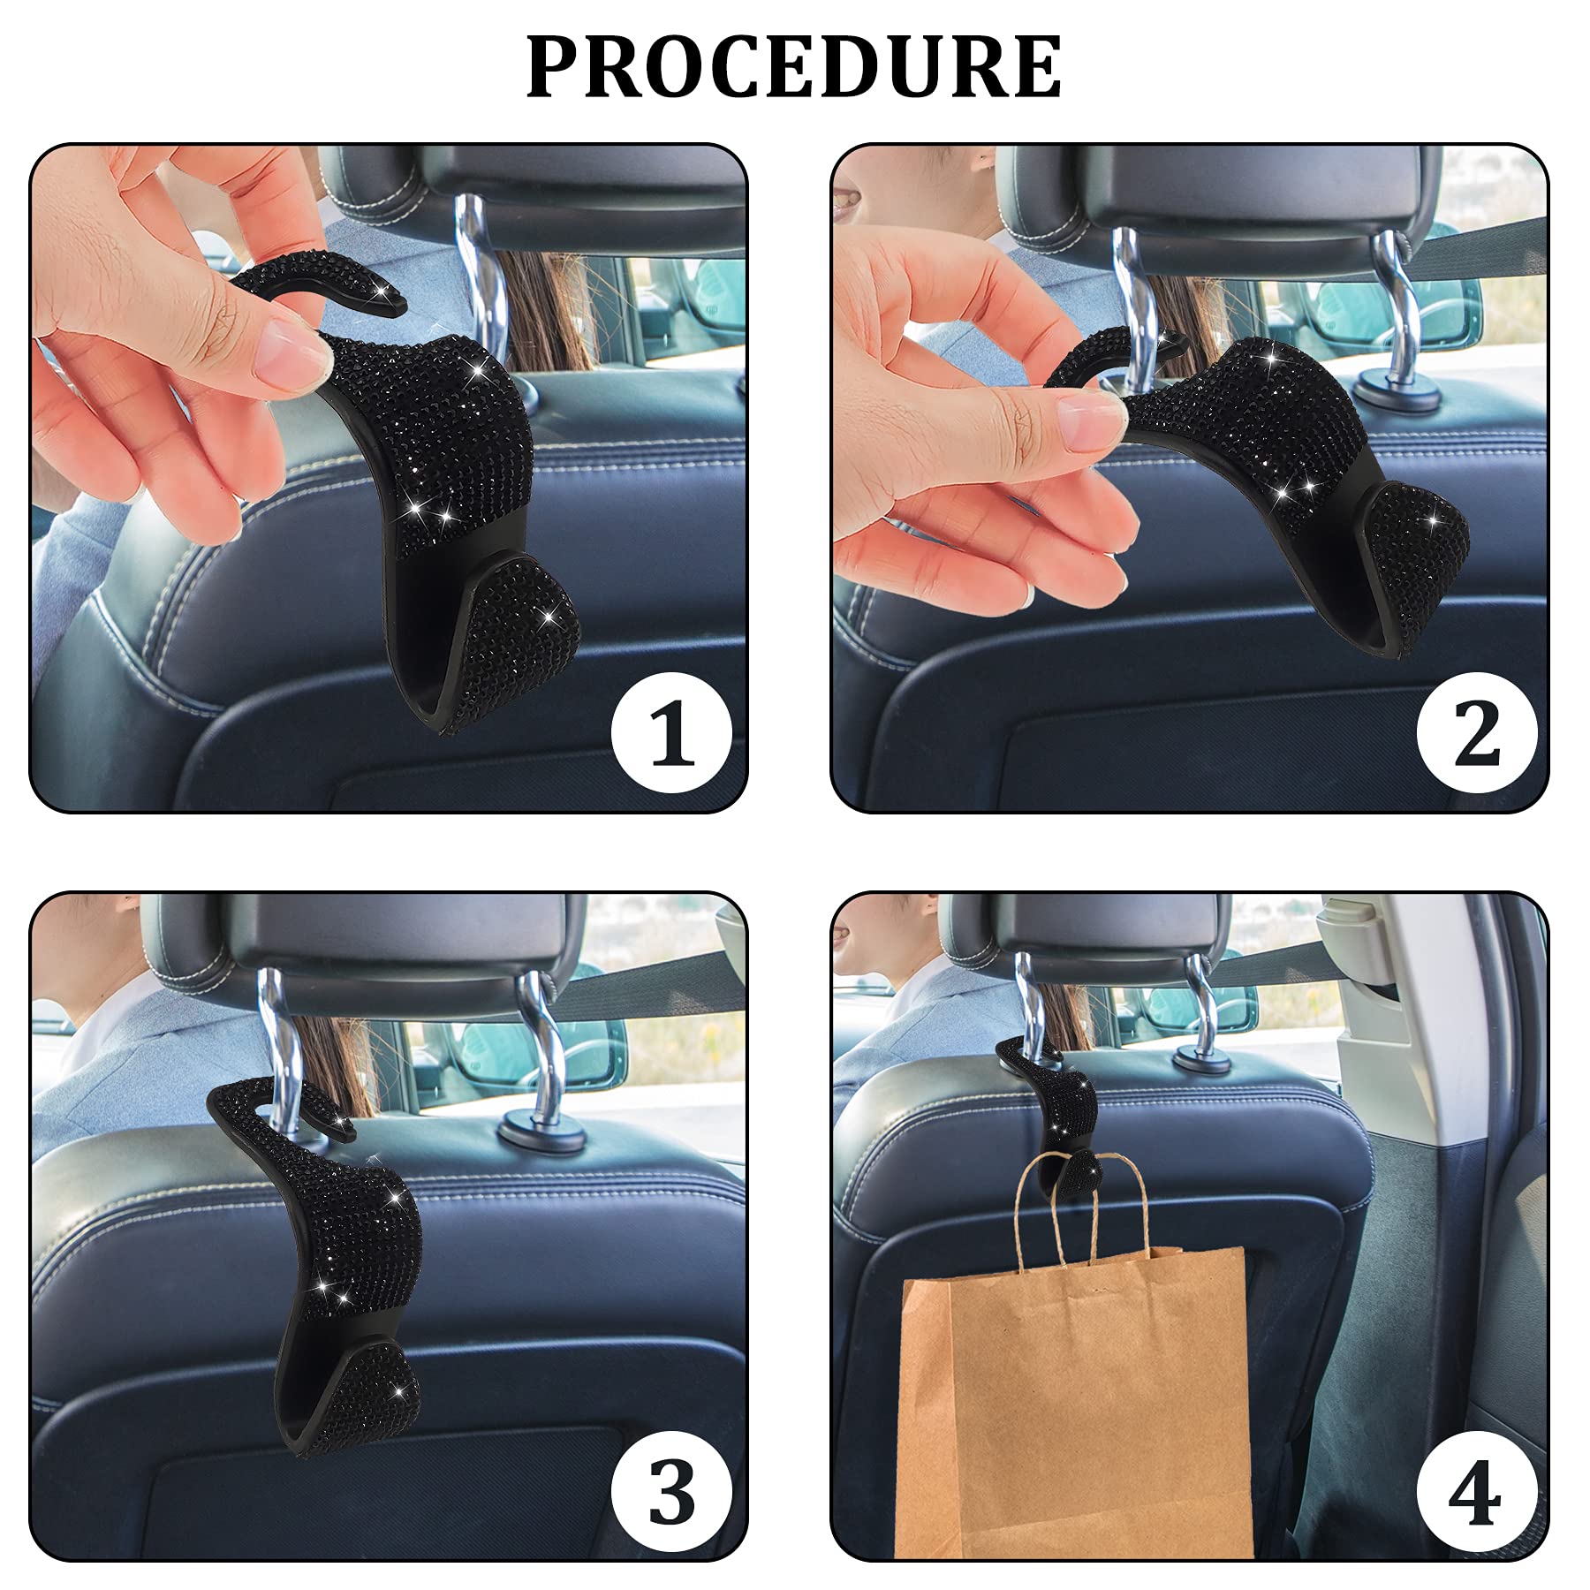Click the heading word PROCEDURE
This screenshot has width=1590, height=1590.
coord(793,67)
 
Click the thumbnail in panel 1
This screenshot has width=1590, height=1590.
coord(287,353)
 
